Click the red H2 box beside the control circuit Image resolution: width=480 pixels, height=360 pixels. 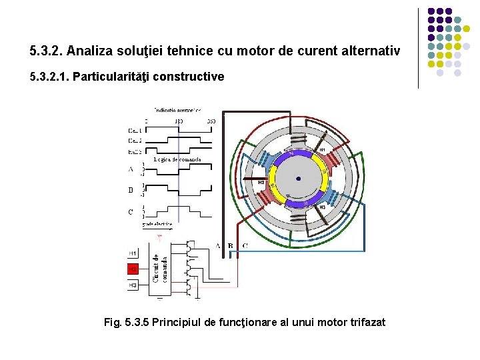(x=133, y=269)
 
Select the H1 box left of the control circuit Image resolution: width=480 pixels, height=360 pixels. (x=133, y=253)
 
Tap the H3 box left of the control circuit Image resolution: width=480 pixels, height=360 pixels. (x=133, y=285)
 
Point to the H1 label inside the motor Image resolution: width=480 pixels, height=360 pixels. (x=321, y=150)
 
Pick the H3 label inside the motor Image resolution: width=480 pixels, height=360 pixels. (x=321, y=207)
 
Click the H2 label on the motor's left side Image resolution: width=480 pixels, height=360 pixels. (x=261, y=182)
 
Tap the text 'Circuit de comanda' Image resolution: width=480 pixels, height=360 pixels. (x=160, y=268)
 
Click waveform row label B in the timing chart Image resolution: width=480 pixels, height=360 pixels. (x=131, y=190)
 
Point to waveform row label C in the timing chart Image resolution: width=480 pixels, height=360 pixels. (x=131, y=212)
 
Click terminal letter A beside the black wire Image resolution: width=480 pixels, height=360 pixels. (x=217, y=245)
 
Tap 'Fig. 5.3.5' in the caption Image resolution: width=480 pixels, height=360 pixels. (x=127, y=323)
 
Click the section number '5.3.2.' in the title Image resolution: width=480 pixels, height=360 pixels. (x=46, y=51)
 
